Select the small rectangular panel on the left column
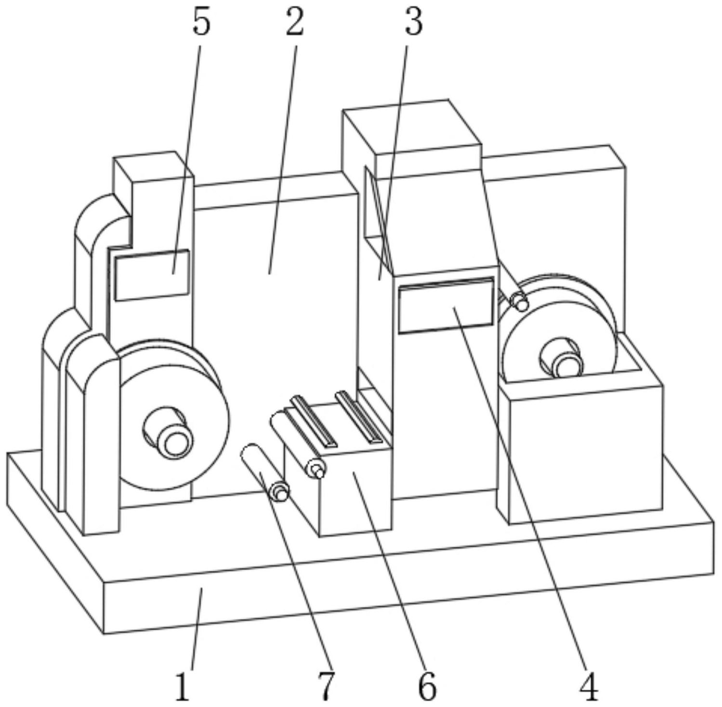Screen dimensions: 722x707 click(152, 275)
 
